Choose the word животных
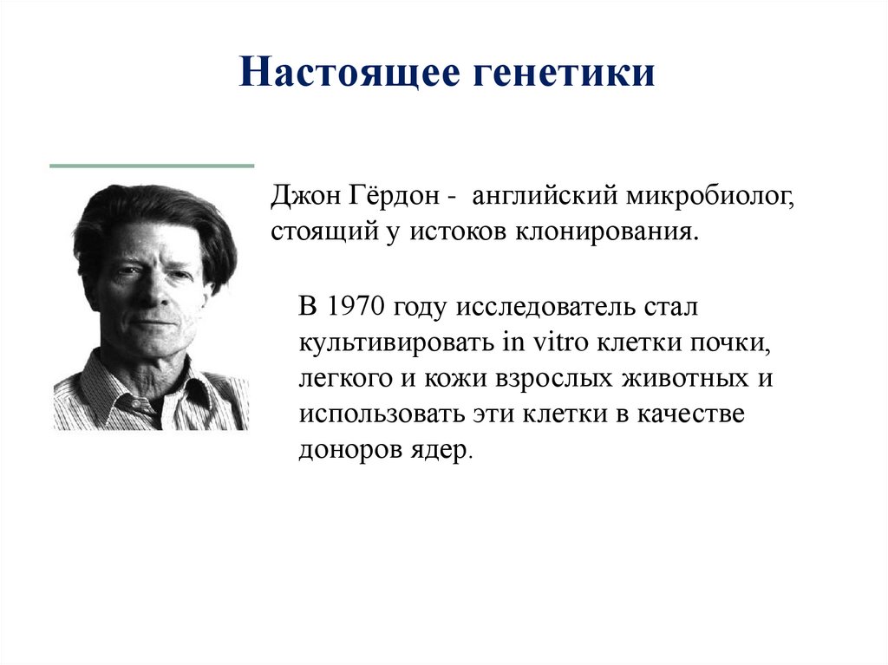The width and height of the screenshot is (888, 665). [686, 378]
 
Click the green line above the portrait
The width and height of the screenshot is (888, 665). [152, 165]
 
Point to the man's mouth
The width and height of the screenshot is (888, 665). [153, 323]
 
